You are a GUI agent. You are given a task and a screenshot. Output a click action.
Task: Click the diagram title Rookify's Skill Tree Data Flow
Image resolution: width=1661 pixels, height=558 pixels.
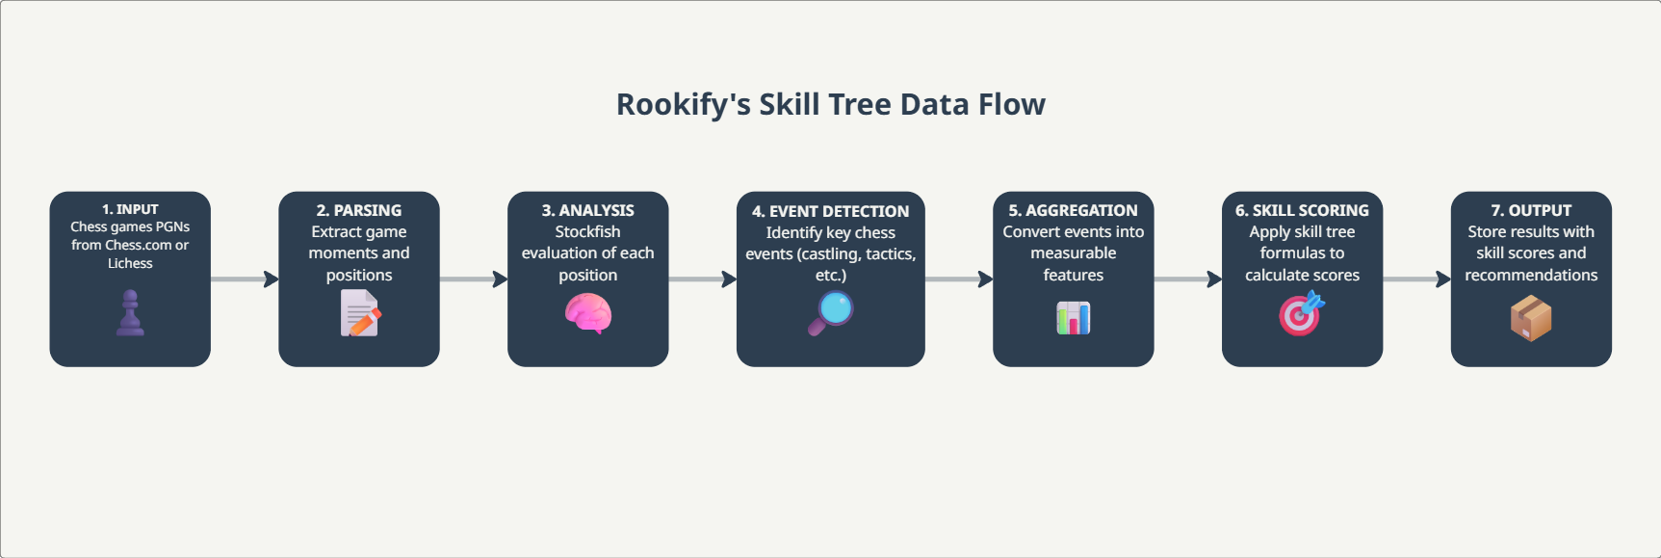(830, 104)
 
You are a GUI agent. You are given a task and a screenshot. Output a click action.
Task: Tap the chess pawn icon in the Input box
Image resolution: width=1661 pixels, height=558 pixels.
(130, 314)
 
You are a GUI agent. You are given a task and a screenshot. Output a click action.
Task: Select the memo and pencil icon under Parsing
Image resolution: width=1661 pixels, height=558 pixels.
(360, 314)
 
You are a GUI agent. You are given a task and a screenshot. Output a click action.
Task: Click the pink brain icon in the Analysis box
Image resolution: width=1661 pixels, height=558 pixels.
(587, 313)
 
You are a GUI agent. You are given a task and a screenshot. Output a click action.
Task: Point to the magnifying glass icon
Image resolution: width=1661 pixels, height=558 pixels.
(830, 312)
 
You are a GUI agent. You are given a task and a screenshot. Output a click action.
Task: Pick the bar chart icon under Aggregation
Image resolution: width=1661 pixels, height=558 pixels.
(1073, 317)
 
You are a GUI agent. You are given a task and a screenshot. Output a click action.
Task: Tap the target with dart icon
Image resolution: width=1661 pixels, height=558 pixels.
(1302, 314)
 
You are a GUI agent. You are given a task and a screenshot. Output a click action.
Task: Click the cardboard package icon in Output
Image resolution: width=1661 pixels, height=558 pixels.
(1531, 318)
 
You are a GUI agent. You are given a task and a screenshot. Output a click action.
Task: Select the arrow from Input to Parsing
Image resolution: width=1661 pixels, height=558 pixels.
(245, 279)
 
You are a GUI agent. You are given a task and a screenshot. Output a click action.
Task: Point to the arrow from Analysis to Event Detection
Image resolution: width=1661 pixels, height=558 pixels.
(702, 279)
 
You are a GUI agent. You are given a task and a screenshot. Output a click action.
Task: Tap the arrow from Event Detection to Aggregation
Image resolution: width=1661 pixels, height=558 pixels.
(959, 279)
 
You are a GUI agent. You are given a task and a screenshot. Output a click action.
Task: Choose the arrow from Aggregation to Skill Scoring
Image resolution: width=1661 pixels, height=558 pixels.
(1187, 279)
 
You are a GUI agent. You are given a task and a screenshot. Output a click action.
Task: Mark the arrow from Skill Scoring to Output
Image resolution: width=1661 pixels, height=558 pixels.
(1416, 279)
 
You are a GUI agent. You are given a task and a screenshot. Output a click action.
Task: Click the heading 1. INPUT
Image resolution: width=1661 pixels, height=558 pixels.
(130, 209)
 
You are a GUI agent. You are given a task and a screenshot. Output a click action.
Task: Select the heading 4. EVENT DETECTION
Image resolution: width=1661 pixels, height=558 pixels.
(830, 211)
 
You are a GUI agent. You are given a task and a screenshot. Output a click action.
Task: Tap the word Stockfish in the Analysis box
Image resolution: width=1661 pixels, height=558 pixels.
(587, 232)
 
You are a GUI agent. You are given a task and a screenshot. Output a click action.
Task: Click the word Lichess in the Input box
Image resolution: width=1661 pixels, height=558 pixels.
(130, 263)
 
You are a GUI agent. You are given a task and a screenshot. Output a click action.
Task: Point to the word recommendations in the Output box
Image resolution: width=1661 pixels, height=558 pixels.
(1531, 276)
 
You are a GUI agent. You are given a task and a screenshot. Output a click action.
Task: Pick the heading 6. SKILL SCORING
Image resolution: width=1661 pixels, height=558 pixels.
(1302, 210)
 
